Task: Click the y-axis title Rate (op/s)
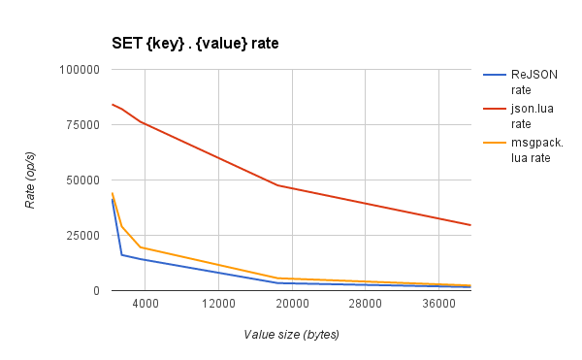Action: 30,180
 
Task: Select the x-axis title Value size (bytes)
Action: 291,335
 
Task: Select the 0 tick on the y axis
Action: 96,291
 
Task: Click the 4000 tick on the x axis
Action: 145,305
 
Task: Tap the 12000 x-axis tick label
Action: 218,305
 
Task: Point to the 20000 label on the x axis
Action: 292,305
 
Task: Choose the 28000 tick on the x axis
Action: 366,305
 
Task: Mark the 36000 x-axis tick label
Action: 439,305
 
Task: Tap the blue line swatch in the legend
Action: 495,74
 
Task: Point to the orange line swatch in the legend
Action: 495,143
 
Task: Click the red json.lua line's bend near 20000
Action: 278,185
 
